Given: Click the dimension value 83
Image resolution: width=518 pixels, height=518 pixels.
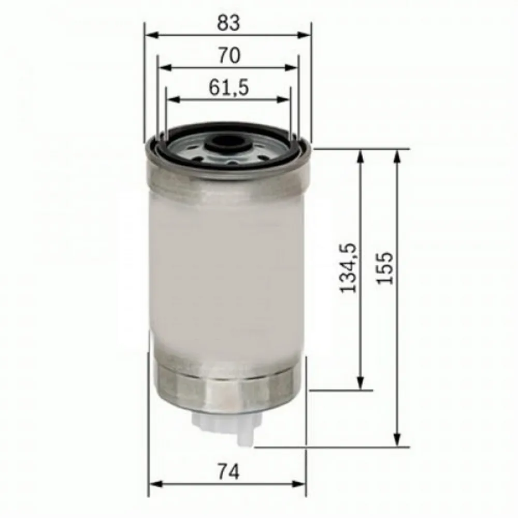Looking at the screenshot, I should coord(228,22).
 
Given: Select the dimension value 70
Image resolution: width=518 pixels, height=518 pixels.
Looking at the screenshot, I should coord(228,55).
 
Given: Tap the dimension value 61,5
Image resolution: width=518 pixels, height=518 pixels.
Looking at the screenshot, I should coord(228,88).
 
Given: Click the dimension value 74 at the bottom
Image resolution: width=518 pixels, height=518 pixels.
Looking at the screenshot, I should coord(228,472).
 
